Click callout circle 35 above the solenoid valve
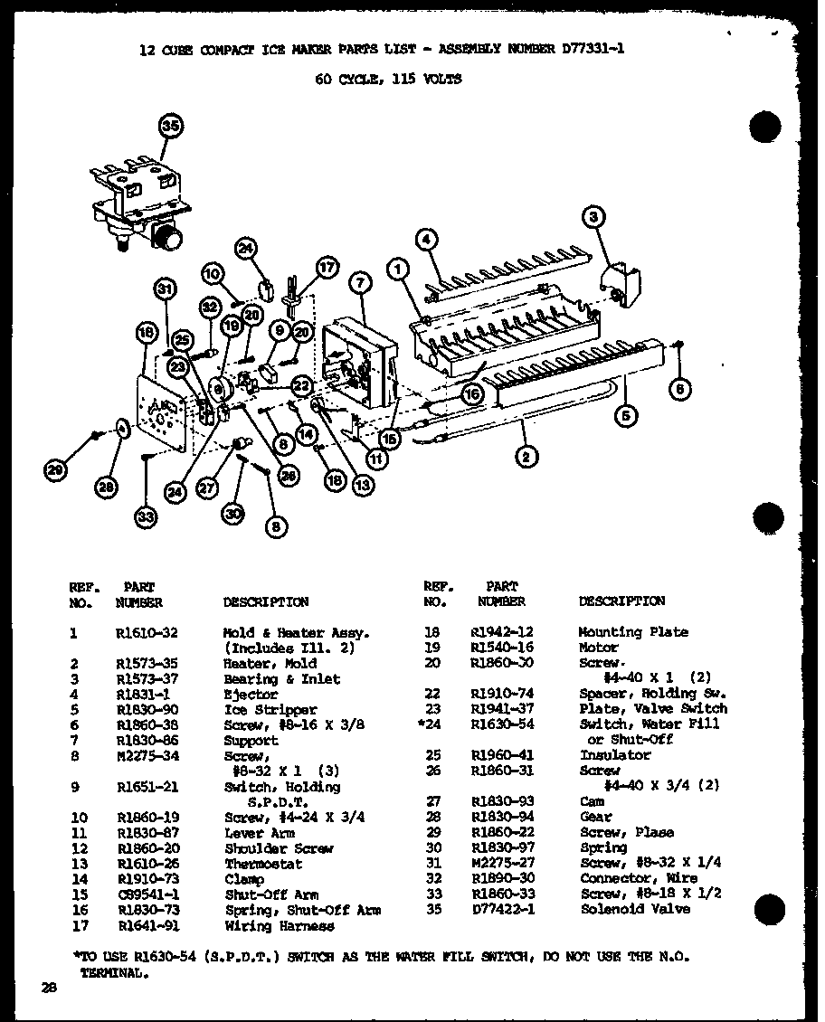coord(169,127)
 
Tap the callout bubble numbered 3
coord(593,216)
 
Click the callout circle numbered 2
coord(525,456)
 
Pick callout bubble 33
coord(147,516)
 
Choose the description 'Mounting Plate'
coord(633,632)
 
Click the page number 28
coord(48,988)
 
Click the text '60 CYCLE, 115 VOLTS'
coord(388,79)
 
